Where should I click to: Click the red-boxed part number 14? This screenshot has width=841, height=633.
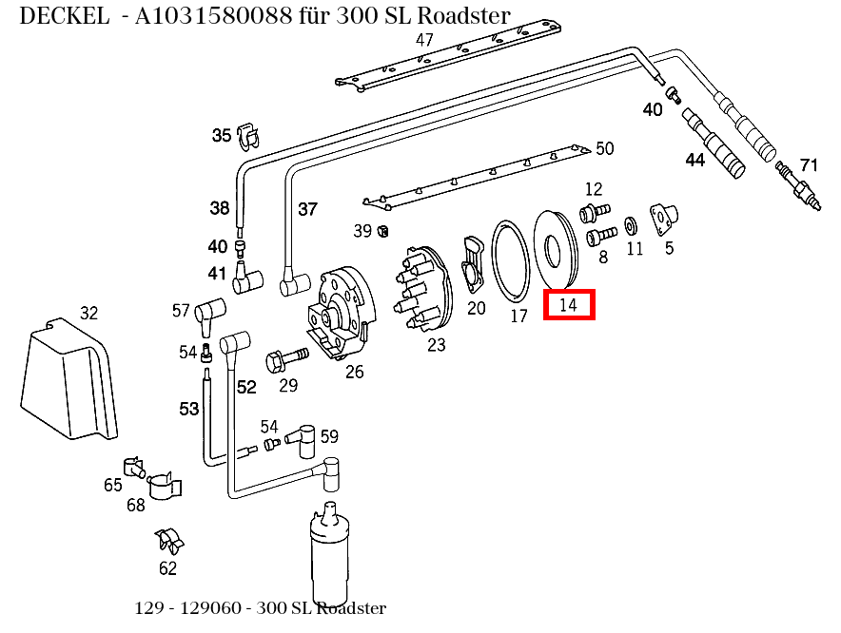(x=569, y=305)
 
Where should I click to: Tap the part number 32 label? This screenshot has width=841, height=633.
(x=88, y=313)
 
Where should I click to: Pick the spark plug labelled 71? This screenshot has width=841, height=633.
(x=797, y=184)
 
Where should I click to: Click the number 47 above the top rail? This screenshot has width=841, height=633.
(x=424, y=40)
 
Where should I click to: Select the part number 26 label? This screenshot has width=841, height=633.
(x=354, y=372)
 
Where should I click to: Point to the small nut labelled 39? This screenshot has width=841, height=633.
(x=383, y=230)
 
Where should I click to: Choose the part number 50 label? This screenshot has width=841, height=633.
(x=605, y=148)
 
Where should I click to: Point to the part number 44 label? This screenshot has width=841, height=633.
(x=695, y=160)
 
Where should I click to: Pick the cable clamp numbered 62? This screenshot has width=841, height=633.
(x=169, y=542)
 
